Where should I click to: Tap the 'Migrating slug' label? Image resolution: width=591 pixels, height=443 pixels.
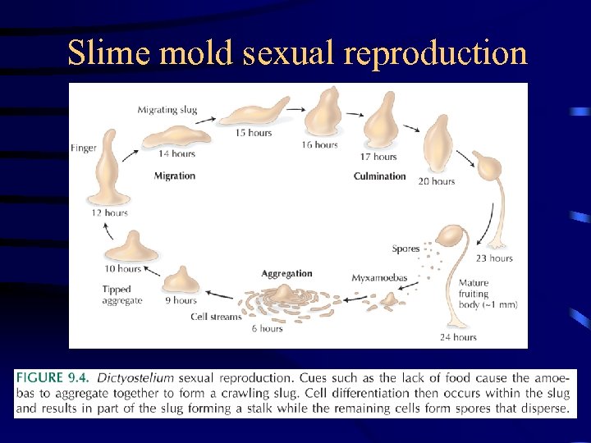pos(167,109)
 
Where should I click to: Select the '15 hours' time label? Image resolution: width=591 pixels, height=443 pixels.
pos(254,133)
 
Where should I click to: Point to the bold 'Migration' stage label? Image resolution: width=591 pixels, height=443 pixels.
pos(175,176)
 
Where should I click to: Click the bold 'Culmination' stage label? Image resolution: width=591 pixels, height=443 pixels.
pos(379,176)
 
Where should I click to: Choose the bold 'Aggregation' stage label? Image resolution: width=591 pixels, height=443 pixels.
pos(286,273)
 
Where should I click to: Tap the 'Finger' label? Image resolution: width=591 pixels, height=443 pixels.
pos(85,148)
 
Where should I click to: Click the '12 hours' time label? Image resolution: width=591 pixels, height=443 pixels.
pos(110,213)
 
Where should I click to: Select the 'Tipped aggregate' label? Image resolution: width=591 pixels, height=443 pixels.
pos(121,295)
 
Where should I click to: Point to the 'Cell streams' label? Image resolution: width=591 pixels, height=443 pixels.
pos(216,316)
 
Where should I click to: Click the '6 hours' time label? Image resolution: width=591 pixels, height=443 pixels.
pos(267,328)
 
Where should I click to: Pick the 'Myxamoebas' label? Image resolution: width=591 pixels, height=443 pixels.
pos(379,278)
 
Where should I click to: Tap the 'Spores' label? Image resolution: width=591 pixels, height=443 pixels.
pos(405,249)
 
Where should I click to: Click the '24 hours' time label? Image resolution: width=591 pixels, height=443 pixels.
pos(458,336)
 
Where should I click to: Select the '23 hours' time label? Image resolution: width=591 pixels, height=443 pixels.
pos(494,258)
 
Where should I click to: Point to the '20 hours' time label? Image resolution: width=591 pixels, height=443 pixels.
pos(436,181)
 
